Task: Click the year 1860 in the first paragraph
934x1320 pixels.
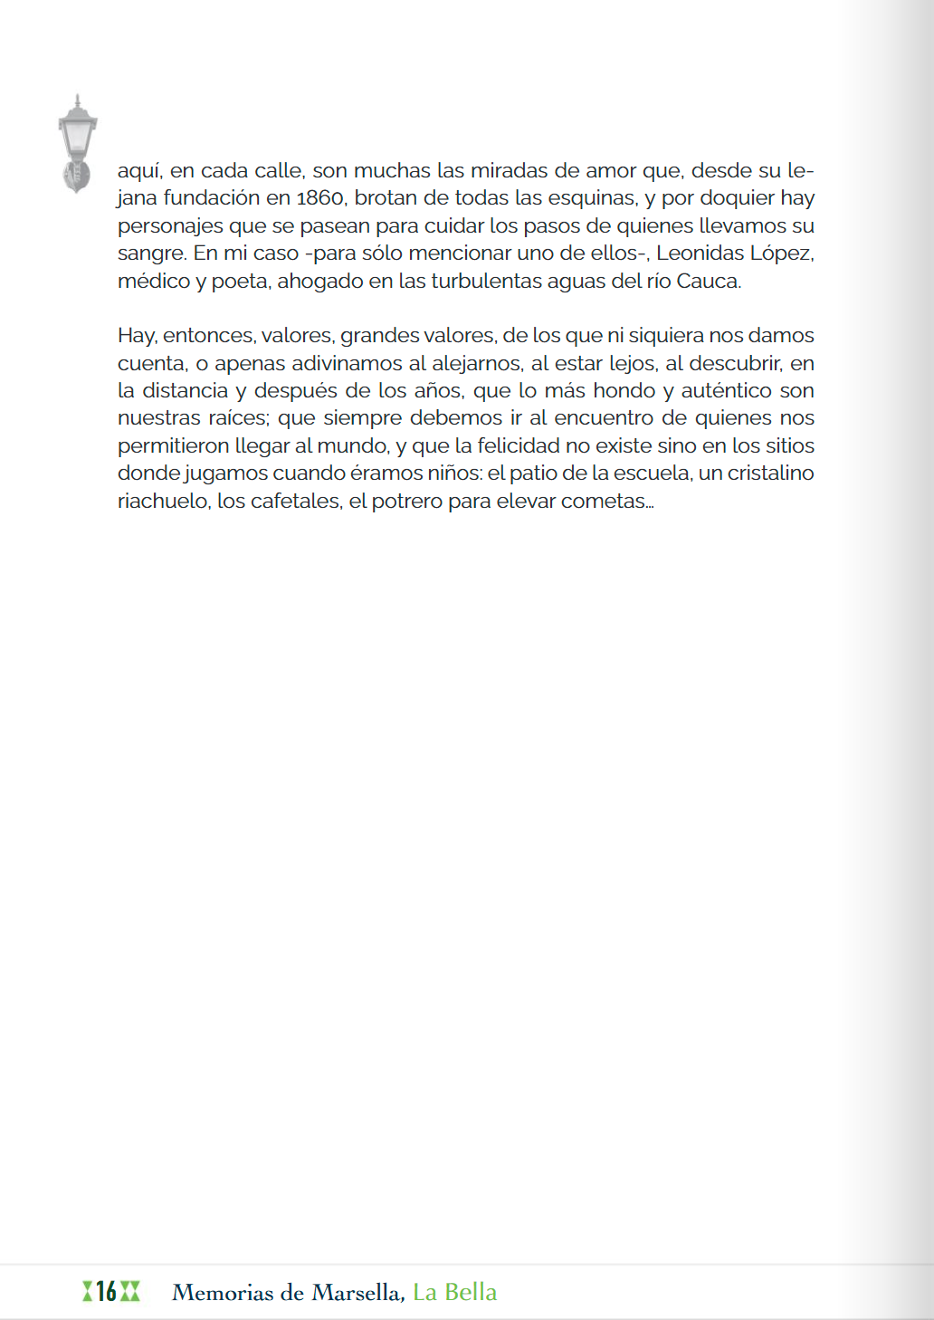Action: pyautogui.click(x=320, y=198)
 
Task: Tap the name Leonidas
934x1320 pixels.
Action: pyautogui.click(x=699, y=253)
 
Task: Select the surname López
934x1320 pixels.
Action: pyautogui.click(x=782, y=253)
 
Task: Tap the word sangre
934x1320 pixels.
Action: pyautogui.click(x=150, y=254)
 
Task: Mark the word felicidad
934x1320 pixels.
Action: pyautogui.click(x=519, y=446)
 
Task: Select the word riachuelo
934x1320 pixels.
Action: pyautogui.click(x=162, y=502)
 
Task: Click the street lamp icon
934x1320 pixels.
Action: pyautogui.click(x=77, y=143)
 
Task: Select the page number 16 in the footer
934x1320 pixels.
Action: pyautogui.click(x=107, y=1292)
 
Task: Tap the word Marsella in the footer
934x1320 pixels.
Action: pyautogui.click(x=357, y=1293)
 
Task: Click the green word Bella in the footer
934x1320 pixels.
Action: pyautogui.click(x=470, y=1292)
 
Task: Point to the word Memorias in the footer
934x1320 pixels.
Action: pyautogui.click(x=222, y=1293)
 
